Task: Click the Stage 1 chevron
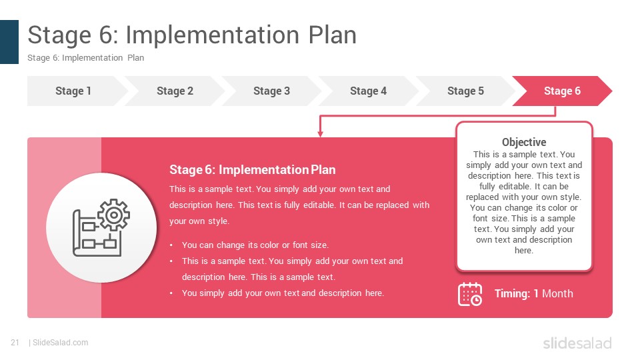tap(73, 91)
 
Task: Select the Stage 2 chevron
tap(175, 91)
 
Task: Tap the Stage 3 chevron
tap(271, 91)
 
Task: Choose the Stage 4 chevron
tap(368, 91)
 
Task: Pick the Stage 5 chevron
tap(465, 91)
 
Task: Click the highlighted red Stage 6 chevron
tap(562, 91)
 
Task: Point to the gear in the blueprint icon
tap(113, 215)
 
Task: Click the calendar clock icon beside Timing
tap(470, 294)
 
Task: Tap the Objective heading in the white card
tap(524, 142)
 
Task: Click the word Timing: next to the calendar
tap(512, 293)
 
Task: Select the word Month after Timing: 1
tap(557, 293)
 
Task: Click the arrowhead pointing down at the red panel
tap(321, 134)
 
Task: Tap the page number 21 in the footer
tap(15, 343)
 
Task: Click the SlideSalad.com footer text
tap(61, 343)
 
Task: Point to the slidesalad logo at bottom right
tap(577, 343)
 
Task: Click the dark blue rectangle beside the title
tap(9, 42)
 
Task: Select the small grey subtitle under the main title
tap(86, 58)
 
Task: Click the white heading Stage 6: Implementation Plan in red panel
tap(253, 170)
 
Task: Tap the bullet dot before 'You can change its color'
tap(171, 245)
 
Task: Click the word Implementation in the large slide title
tap(212, 35)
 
